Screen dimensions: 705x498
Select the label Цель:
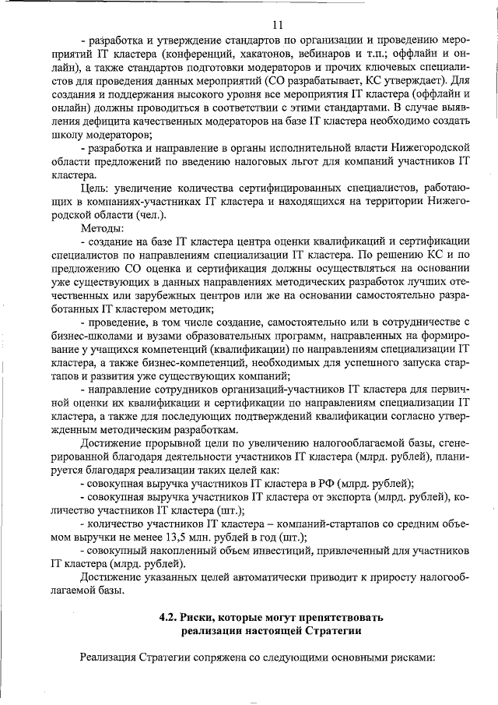click(96, 190)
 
